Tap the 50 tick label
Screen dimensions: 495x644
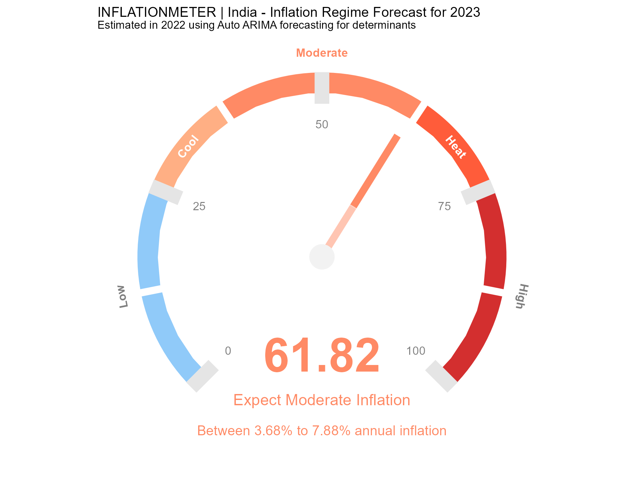pyautogui.click(x=322, y=125)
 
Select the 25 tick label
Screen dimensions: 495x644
pyautogui.click(x=199, y=207)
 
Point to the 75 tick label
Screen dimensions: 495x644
pyautogui.click(x=444, y=207)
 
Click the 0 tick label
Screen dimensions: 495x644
pyautogui.click(x=228, y=351)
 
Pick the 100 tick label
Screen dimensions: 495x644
pyautogui.click(x=416, y=351)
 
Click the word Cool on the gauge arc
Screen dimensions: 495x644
pyautogui.click(x=189, y=147)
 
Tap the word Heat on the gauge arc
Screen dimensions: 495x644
pyautogui.click(x=456, y=147)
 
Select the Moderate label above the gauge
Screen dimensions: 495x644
pyautogui.click(x=322, y=53)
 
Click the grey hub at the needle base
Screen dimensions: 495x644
pyautogui.click(x=322, y=257)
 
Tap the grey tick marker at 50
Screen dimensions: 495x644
pyautogui.click(x=322, y=88)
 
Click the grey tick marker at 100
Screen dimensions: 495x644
pyautogui.click(x=442, y=376)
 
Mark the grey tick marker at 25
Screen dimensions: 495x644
pyautogui.click(x=166, y=192)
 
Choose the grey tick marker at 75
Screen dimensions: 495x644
pyautogui.click(x=478, y=192)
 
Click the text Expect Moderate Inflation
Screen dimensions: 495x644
pyautogui.click(x=322, y=400)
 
